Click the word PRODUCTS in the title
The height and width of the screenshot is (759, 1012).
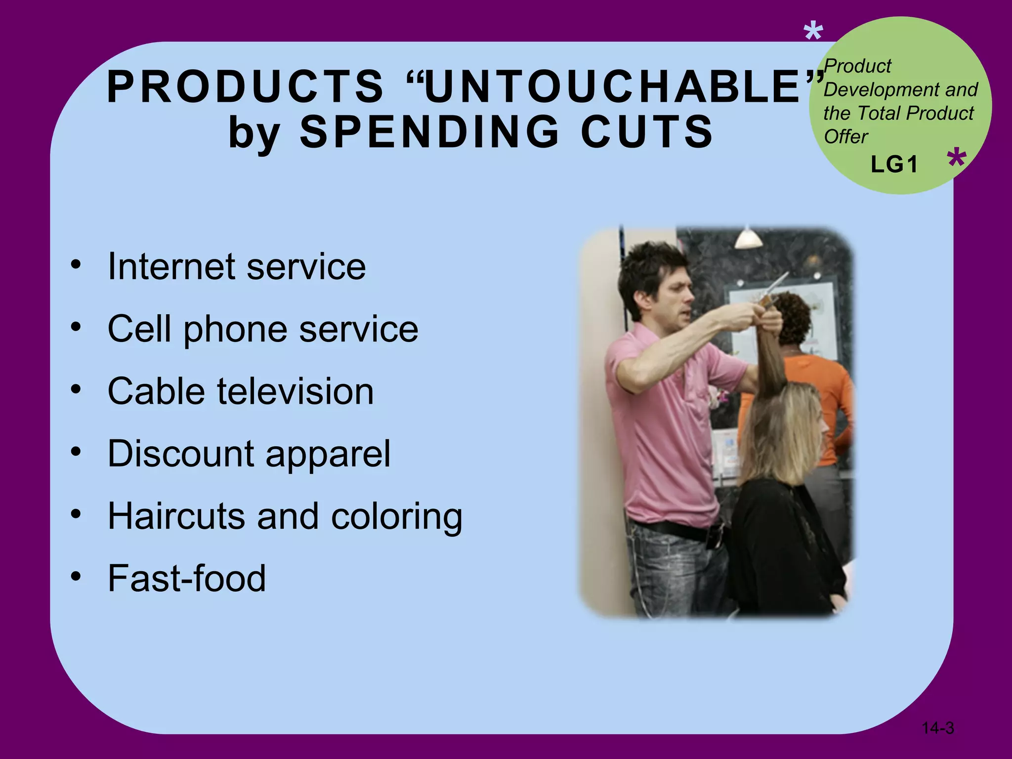pos(246,87)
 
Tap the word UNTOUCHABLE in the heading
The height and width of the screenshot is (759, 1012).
pos(613,87)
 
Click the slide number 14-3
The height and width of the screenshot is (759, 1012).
pos(937,728)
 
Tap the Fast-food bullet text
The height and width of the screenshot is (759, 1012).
pos(187,578)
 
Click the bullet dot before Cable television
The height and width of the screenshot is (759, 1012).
pos(76,390)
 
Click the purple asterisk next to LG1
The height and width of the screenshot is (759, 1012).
pos(957,158)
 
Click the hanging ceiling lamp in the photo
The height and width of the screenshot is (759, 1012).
pos(748,238)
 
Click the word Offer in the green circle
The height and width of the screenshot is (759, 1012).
pos(845,137)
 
